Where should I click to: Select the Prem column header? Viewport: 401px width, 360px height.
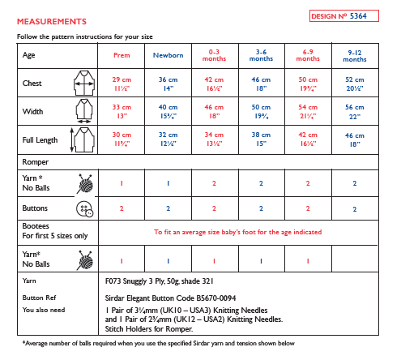coord(121,55)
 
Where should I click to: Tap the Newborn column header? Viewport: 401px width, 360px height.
coord(168,55)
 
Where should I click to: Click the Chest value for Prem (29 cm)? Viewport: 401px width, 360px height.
coord(121,82)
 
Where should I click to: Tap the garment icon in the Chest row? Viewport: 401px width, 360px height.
coord(83,82)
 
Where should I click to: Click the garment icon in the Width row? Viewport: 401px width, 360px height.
coord(83,110)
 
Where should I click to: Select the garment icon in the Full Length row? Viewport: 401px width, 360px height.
coord(83,139)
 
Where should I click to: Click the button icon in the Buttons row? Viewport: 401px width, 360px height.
coord(83,208)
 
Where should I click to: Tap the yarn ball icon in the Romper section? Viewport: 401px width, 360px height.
coord(83,183)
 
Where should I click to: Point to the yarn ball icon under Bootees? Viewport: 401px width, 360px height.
coord(83,261)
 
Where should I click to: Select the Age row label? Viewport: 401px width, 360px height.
coord(31,55)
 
